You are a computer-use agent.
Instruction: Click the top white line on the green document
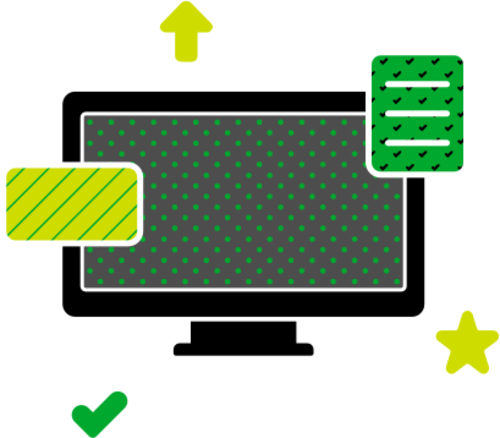click(417, 84)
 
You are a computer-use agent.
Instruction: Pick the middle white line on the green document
click(417, 113)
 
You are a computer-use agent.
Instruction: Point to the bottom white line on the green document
click(417, 143)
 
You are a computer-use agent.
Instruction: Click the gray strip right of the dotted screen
click(416, 245)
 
